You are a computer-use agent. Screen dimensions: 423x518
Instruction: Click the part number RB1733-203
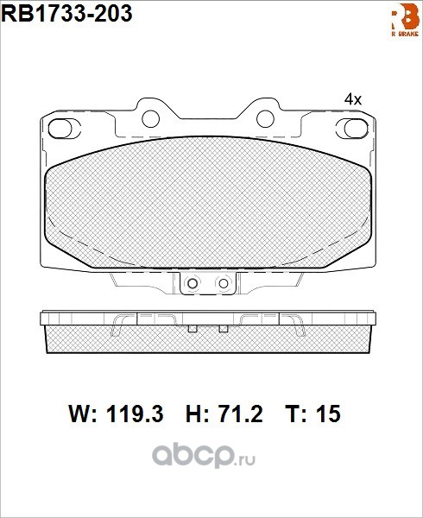click(67, 14)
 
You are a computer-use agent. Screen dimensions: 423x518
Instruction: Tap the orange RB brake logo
click(405, 20)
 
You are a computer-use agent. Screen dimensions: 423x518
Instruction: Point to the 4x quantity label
click(353, 99)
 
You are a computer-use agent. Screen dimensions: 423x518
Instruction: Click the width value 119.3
click(135, 414)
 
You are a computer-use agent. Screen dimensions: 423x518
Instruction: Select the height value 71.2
click(239, 414)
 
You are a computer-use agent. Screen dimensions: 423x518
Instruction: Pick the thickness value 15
click(328, 414)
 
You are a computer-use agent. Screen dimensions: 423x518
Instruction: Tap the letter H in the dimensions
click(193, 414)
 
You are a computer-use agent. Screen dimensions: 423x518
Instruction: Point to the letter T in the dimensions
click(293, 414)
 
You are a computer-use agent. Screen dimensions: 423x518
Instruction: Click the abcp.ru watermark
click(203, 455)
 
